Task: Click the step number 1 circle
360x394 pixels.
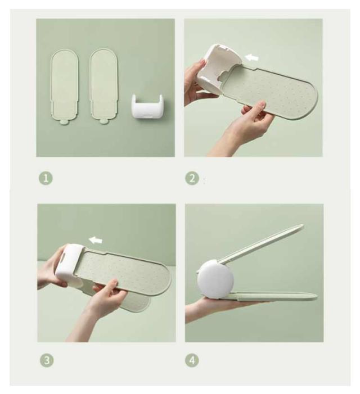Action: [x=46, y=179]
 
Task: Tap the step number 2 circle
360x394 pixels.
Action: [x=192, y=179]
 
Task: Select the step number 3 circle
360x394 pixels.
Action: [x=47, y=360]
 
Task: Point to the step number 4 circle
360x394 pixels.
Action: [x=192, y=360]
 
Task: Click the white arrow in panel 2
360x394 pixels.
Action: [x=251, y=58]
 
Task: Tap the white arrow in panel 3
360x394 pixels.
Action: [x=96, y=240]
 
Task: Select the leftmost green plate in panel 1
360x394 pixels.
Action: [x=65, y=87]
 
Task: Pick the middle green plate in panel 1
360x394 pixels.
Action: [x=103, y=87]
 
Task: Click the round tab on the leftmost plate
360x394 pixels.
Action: [x=65, y=122]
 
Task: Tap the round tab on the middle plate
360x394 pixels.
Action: [x=103, y=122]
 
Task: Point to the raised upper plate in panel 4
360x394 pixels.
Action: [x=262, y=244]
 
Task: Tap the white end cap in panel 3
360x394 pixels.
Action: [x=68, y=265]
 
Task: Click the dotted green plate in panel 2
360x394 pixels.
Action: [x=269, y=93]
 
